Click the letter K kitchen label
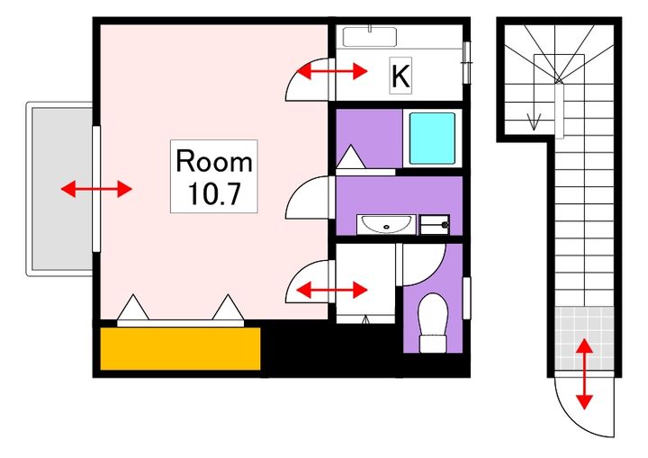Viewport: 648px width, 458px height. point(400,76)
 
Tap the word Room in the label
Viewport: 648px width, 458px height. point(214,161)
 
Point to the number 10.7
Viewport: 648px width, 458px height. point(214,193)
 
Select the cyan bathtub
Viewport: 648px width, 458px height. point(432,139)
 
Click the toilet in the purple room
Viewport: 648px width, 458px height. point(433,323)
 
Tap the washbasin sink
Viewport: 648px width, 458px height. point(386,224)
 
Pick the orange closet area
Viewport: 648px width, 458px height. point(180,348)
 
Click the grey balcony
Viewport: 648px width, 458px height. point(62,188)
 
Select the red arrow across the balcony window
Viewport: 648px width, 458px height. point(96,189)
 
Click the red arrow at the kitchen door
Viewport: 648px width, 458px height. point(332,71)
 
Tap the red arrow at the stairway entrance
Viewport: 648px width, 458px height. point(584,373)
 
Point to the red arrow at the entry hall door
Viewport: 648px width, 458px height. point(332,290)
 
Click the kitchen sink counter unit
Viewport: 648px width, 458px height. point(370,36)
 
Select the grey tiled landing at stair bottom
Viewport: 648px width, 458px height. point(584,338)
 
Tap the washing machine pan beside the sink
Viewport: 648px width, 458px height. point(435,225)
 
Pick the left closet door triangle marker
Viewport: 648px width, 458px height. point(132,307)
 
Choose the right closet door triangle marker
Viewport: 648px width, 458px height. point(228,307)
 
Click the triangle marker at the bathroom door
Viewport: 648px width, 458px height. point(351,157)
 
